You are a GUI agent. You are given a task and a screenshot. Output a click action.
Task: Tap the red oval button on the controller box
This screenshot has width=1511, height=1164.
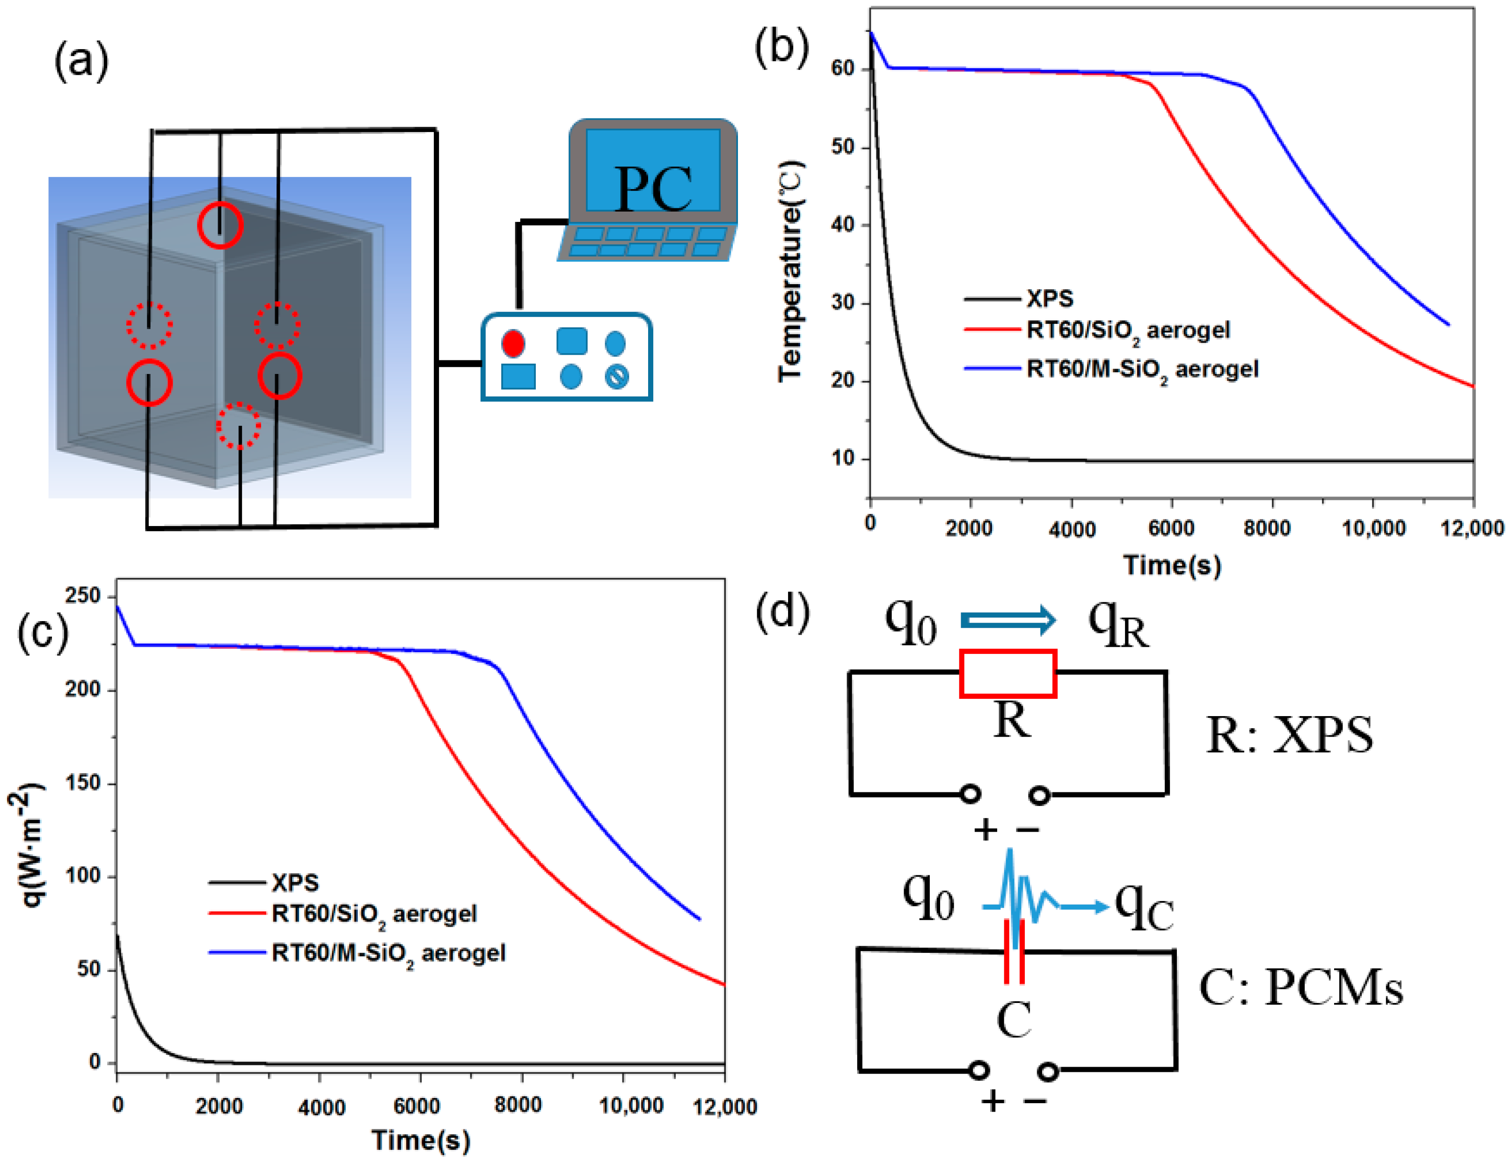[x=513, y=343]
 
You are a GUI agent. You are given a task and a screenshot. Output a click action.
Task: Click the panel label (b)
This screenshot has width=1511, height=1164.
[x=781, y=47]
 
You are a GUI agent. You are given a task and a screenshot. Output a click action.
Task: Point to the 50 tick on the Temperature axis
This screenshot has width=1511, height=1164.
[x=843, y=147]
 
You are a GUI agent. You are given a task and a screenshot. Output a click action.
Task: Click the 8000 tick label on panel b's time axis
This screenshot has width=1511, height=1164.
[x=1266, y=528]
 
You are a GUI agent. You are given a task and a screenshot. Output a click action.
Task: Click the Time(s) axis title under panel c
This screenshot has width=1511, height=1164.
[x=421, y=1140]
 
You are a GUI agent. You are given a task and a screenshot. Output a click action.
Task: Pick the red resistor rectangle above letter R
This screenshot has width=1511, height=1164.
[x=1007, y=674]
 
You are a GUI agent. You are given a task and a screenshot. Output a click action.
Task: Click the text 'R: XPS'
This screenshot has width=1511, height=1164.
[x=1289, y=735]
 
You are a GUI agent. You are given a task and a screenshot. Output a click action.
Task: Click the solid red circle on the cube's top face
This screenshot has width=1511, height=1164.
[x=220, y=225]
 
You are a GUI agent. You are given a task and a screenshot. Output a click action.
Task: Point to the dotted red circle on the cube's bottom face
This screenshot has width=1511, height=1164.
[x=239, y=425]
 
